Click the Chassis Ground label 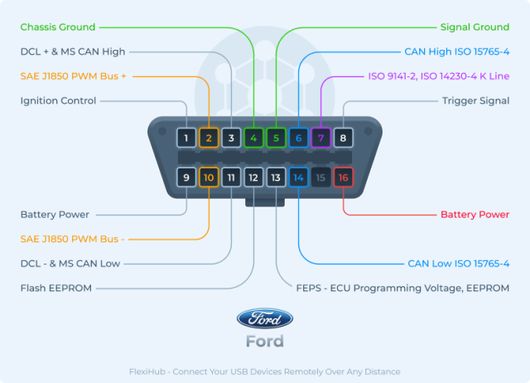point(57,27)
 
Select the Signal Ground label point(475,27)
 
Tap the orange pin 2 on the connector point(209,138)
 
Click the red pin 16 point(343,177)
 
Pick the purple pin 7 point(320,138)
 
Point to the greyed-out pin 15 point(320,177)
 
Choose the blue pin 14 point(298,177)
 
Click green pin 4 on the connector point(253,138)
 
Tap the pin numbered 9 point(186,177)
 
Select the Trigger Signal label point(475,100)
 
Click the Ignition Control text point(58,100)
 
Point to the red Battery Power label point(475,215)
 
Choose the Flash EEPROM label point(56,288)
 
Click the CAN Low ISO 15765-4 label point(458,264)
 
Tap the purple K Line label point(438,76)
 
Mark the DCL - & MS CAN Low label point(70,264)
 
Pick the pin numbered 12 point(253,177)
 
